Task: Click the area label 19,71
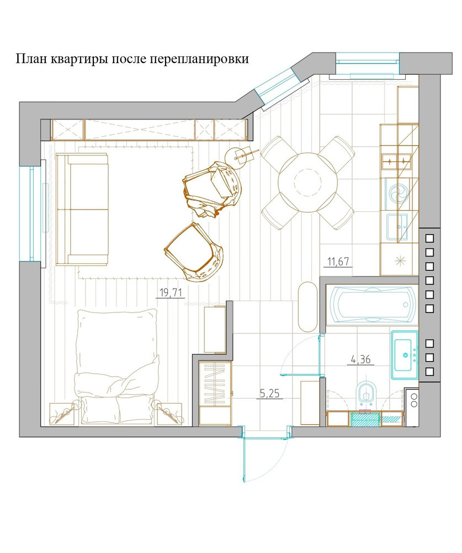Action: [x=170, y=293]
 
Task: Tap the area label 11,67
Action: [x=338, y=262]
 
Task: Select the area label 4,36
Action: [x=361, y=359]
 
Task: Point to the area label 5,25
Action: [x=270, y=393]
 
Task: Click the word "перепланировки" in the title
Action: [x=199, y=58]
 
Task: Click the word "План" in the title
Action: [x=31, y=58]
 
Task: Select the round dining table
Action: [x=308, y=182]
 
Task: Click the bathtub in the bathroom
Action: [x=372, y=304]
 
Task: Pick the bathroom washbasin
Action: [x=405, y=355]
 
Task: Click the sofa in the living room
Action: [x=82, y=209]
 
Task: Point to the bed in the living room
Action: [x=116, y=367]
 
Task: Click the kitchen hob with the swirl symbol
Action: [x=397, y=194]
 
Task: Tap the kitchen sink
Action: [x=397, y=227]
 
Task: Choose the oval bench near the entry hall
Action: [x=308, y=306]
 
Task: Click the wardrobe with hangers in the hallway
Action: [x=215, y=393]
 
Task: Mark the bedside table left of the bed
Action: [x=62, y=414]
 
